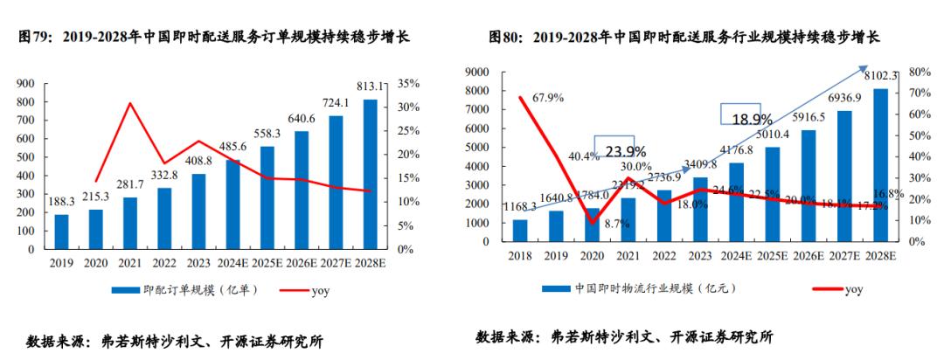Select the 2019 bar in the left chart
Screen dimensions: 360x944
61,232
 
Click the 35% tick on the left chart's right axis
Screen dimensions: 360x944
409,84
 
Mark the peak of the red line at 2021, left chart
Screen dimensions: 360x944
130,103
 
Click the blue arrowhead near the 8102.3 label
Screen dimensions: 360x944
863,68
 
